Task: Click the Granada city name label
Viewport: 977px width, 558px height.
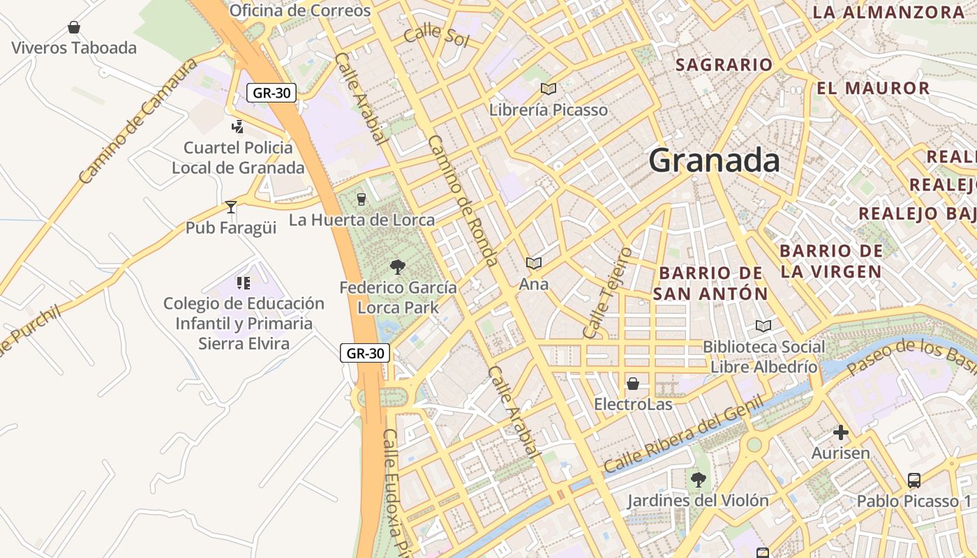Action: tap(714, 160)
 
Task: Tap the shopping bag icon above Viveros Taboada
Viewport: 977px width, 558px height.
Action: tap(74, 28)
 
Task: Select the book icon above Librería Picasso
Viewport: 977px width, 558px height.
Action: tap(549, 89)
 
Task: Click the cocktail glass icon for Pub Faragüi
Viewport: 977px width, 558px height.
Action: tap(231, 207)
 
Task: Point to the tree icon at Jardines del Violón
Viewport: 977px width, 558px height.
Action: tap(698, 480)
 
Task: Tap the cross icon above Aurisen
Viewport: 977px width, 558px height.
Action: tap(841, 432)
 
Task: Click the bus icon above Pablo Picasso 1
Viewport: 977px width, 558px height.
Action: tap(914, 480)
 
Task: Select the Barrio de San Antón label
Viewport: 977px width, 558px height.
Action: tap(710, 283)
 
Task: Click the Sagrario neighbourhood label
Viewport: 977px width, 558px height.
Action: tap(724, 65)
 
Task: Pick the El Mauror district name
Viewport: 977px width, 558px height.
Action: tap(873, 89)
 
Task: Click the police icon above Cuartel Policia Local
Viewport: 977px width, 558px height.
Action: tap(238, 126)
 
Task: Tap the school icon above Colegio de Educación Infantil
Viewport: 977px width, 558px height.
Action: tap(244, 282)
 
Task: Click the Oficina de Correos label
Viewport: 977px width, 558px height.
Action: tap(300, 10)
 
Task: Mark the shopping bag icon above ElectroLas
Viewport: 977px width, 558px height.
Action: tap(633, 384)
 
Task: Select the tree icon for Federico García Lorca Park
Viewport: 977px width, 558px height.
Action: tap(398, 266)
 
